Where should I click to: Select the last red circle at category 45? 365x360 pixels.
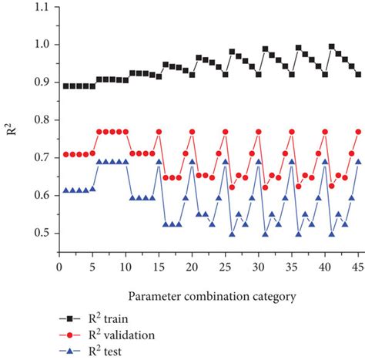pyautogui.click(x=358, y=132)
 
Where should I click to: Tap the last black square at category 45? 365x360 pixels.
pyautogui.click(x=358, y=74)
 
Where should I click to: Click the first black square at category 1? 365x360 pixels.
pyautogui.click(x=66, y=86)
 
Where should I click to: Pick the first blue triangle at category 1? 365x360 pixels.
pyautogui.click(x=66, y=190)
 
